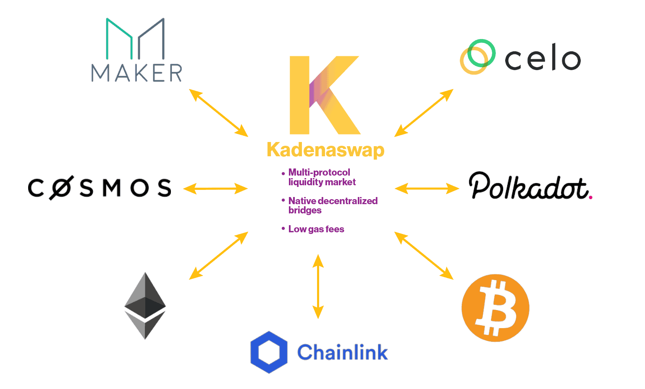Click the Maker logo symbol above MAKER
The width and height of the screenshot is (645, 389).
pos(135,38)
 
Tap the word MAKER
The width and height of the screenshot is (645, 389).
pos(137,73)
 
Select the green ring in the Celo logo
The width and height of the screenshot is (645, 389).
pos(481,53)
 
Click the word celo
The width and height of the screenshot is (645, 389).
pos(543,58)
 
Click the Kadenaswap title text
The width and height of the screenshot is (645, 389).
pos(325,150)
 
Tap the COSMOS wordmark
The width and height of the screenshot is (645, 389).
pos(100,188)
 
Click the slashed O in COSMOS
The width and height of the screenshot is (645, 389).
pos(61,188)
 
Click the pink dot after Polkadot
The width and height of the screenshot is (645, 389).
pos(590,197)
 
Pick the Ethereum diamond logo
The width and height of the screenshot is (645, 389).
pos(145,305)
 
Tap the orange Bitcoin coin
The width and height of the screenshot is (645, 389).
pos(495,308)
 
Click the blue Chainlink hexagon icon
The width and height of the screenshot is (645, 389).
pos(269,352)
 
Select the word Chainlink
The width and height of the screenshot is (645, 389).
pos(342,352)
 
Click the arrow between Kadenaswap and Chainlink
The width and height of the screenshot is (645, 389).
pos(318,286)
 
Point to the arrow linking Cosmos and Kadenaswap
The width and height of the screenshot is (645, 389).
pos(215,189)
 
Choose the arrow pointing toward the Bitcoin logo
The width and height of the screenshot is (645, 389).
pos(424,255)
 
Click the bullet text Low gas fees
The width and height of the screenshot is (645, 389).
pos(316,229)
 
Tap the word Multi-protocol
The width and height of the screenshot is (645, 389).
pos(319,172)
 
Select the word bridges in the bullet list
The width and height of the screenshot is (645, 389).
pos(305,210)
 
